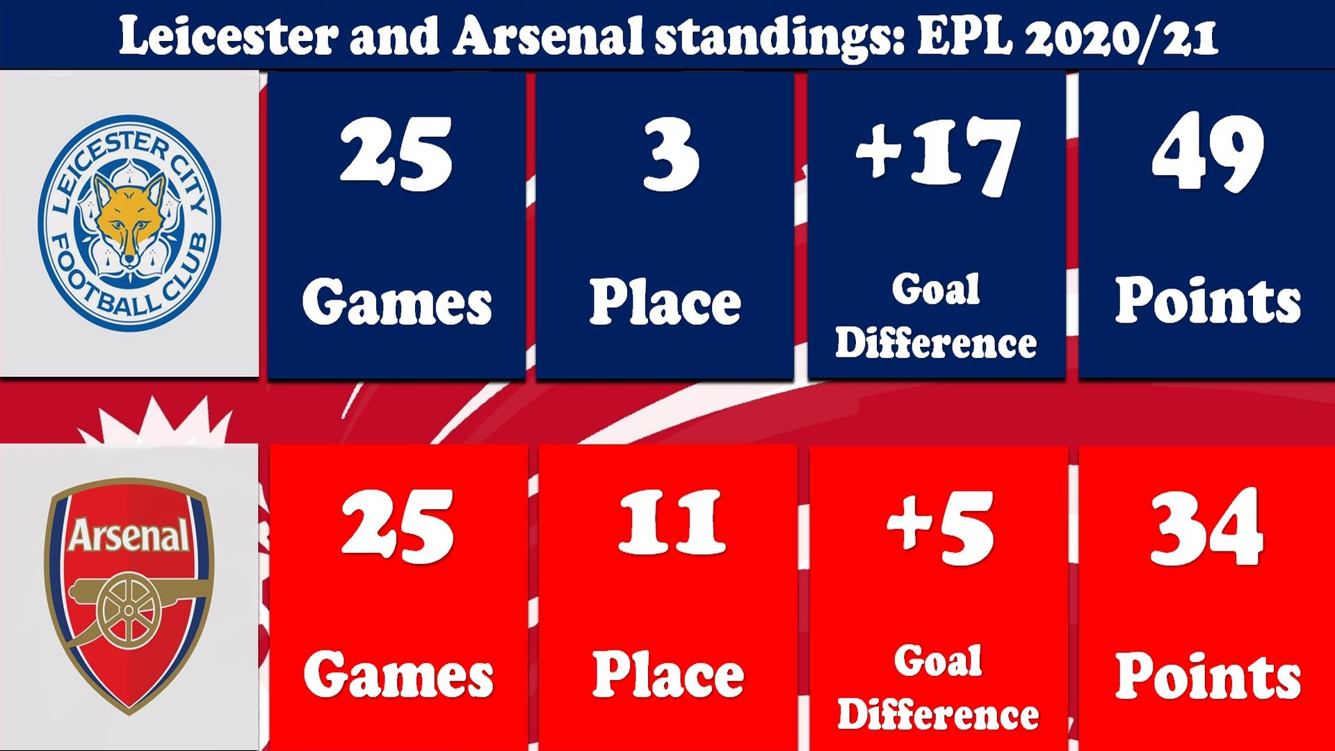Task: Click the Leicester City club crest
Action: (x=129, y=223)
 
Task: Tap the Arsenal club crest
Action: (x=129, y=596)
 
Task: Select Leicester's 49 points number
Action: (x=1208, y=152)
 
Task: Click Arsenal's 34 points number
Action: (x=1206, y=526)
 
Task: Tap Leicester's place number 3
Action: (x=670, y=154)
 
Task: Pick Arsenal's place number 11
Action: (x=672, y=522)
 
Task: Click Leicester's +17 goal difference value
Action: (x=938, y=156)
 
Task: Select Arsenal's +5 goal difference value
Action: (x=940, y=528)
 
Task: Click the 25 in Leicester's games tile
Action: (x=396, y=154)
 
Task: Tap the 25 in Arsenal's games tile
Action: (x=398, y=526)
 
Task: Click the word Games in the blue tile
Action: (x=397, y=302)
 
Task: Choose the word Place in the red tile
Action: (x=668, y=674)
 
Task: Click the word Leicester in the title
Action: (x=228, y=35)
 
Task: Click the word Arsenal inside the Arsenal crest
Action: (x=129, y=535)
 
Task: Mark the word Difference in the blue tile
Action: (x=936, y=342)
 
